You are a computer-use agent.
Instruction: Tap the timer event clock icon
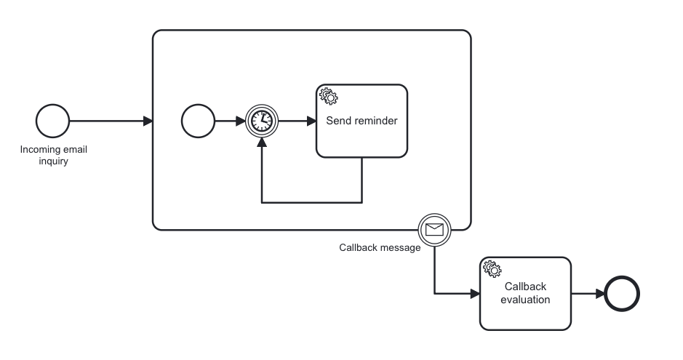(260, 121)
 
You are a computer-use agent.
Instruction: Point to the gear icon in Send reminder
(328, 96)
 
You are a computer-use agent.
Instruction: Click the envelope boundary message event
(434, 231)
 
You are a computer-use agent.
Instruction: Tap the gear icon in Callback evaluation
(492, 268)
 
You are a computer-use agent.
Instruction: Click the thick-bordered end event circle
(623, 294)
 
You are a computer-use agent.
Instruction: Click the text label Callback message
(380, 247)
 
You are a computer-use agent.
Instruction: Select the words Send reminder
(362, 121)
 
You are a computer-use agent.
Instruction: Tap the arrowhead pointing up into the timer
(260, 142)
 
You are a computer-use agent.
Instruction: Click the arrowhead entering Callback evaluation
(475, 294)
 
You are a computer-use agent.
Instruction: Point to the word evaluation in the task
(525, 299)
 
